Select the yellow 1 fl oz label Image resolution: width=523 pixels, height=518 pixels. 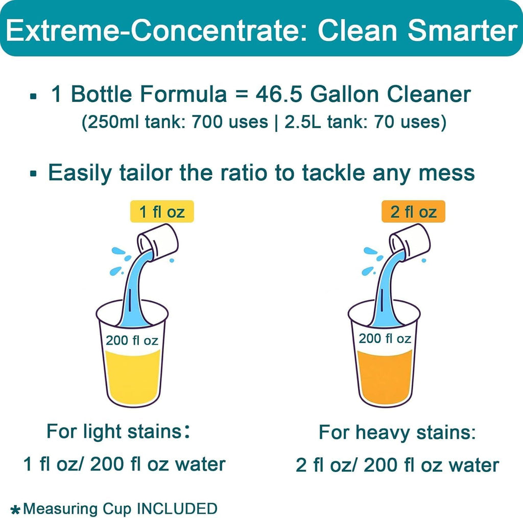click(x=161, y=211)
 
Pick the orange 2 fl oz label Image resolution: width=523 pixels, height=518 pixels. click(x=413, y=211)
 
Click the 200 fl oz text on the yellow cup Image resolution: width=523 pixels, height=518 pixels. click(x=132, y=340)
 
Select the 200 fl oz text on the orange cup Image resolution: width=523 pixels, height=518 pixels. click(x=385, y=338)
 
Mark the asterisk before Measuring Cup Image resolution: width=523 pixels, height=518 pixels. click(x=16, y=509)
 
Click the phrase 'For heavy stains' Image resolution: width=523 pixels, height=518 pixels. click(x=397, y=433)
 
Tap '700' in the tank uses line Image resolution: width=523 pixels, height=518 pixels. click(x=212, y=123)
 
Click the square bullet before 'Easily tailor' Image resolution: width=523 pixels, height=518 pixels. click(x=34, y=174)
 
